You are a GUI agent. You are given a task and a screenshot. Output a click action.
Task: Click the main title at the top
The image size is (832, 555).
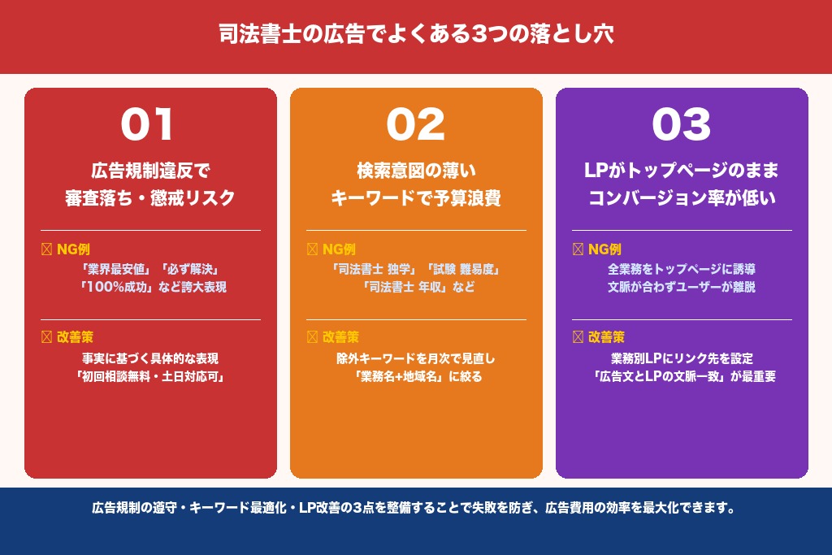(415, 35)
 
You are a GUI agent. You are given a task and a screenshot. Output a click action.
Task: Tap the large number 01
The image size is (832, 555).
(147, 125)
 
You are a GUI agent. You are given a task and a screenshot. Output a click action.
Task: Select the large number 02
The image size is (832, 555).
(415, 125)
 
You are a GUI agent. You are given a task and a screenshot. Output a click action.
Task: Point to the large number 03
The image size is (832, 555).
(681, 125)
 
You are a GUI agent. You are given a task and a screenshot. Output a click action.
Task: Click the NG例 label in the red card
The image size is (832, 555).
(72, 249)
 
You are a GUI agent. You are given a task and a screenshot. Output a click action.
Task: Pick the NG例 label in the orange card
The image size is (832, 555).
(338, 249)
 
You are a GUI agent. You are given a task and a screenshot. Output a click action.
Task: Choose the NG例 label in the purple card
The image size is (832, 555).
(604, 249)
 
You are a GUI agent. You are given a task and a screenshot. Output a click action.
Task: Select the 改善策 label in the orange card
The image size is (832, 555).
(340, 336)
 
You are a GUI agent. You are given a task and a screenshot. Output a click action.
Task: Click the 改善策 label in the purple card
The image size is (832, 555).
(606, 336)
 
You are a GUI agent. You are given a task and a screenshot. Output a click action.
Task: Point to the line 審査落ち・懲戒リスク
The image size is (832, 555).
(150, 197)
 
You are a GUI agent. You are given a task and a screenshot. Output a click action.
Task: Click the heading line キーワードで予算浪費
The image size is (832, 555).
(415, 197)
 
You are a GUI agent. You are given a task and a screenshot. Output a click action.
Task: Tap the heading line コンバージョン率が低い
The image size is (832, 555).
(682, 197)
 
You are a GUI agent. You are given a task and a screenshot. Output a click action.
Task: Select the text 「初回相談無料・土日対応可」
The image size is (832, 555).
(150, 376)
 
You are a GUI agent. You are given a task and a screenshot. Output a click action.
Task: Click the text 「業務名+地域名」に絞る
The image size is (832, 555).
(416, 376)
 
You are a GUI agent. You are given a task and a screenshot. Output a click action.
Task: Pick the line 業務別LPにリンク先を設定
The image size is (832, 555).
(682, 358)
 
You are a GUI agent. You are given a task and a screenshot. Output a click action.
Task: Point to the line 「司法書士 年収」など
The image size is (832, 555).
(416, 287)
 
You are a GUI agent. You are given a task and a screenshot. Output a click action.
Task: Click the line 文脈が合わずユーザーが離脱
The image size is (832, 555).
(682, 287)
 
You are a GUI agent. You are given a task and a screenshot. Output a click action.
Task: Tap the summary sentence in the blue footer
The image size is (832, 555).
(415, 509)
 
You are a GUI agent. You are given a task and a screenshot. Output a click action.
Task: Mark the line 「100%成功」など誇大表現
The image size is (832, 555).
(150, 287)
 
